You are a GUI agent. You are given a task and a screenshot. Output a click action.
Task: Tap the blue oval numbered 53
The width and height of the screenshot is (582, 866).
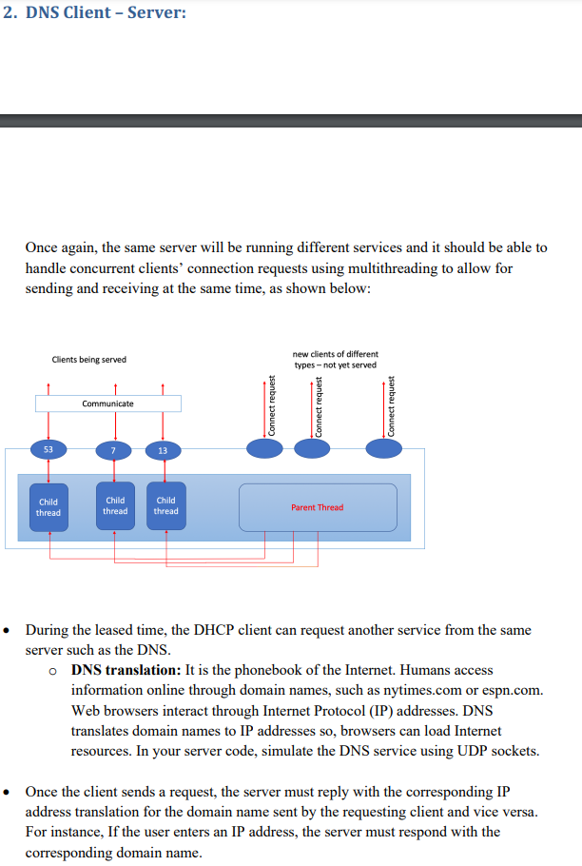coord(48,449)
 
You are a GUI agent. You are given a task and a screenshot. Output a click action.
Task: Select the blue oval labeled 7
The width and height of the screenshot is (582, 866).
coord(113,449)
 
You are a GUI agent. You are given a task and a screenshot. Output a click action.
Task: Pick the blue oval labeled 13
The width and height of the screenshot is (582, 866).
coord(163,449)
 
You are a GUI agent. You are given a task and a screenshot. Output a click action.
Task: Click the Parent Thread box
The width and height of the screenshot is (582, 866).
coord(318,507)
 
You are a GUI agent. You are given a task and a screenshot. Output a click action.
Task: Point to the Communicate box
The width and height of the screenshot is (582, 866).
coord(107,403)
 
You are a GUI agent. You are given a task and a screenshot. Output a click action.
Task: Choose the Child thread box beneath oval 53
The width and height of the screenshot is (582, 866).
coord(48,507)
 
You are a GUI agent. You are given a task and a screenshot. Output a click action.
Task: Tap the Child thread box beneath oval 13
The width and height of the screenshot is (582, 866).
coord(165,505)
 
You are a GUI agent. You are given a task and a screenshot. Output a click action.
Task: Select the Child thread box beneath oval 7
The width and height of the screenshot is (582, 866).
coord(115,505)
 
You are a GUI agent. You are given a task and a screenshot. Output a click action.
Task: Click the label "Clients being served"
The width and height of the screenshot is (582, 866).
coord(88,360)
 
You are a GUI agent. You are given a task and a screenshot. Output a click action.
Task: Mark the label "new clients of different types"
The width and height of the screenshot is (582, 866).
coord(335,359)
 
